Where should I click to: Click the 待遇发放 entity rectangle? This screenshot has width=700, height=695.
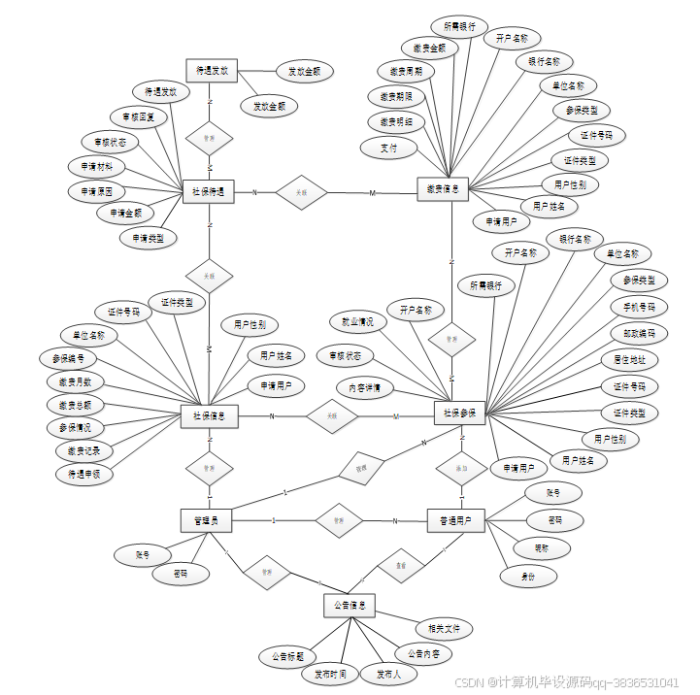click(x=212, y=71)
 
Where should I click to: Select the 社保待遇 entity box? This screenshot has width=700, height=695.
click(x=209, y=192)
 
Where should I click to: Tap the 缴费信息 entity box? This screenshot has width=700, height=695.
click(x=443, y=189)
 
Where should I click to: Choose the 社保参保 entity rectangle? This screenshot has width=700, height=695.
click(x=459, y=413)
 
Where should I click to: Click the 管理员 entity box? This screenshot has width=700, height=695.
click(x=206, y=521)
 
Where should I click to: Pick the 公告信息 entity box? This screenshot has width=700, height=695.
click(x=349, y=607)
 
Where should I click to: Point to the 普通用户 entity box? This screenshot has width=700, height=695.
click(x=455, y=521)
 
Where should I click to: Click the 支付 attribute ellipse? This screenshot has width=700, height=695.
click(x=388, y=148)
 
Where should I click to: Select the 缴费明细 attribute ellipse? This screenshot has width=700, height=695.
click(x=396, y=122)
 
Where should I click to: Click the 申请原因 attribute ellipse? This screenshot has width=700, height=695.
click(x=96, y=191)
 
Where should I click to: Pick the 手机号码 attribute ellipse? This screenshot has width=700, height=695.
click(x=639, y=308)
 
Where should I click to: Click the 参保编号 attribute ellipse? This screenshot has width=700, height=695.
click(x=65, y=358)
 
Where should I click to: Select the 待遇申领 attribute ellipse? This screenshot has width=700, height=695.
click(x=83, y=474)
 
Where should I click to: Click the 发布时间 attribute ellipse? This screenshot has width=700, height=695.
click(x=330, y=674)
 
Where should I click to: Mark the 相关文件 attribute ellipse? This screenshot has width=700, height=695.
click(x=444, y=629)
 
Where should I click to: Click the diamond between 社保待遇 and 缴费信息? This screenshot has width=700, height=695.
click(x=301, y=192)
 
